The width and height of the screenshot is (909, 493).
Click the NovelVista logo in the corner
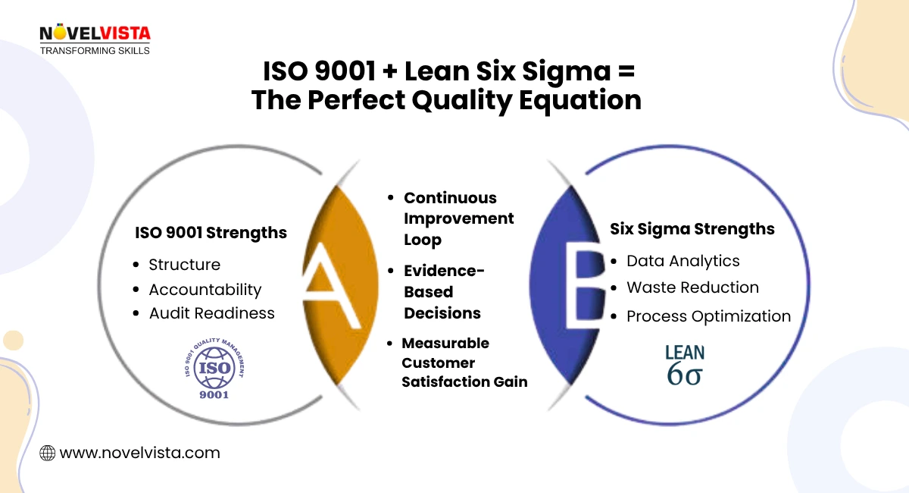95,39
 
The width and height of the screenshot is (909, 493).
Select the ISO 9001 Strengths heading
211,233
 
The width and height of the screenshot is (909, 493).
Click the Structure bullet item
184,265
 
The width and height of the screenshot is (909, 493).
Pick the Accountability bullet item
205,290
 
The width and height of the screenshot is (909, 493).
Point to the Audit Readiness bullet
211,313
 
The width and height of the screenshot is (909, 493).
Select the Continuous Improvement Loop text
458,218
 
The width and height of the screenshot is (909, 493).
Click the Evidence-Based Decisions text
443,291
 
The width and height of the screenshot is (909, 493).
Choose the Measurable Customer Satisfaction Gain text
464,363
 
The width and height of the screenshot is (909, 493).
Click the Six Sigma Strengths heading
692,228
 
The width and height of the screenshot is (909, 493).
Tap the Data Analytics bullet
683,261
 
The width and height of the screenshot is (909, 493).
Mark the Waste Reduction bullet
692,287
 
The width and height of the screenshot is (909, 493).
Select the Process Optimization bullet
708,316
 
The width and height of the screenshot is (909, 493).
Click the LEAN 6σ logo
685,365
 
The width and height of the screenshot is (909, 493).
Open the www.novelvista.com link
139,453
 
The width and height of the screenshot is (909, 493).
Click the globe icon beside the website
47,454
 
